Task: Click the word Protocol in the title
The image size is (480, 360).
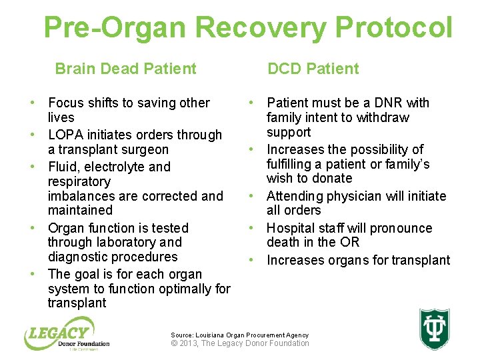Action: (394, 28)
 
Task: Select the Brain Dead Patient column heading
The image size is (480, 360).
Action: (125, 69)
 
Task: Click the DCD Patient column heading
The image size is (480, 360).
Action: (313, 69)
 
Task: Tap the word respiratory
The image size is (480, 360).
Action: (79, 181)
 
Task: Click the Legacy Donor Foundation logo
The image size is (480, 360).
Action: (67, 335)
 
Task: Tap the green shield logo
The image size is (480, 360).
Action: (434, 329)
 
